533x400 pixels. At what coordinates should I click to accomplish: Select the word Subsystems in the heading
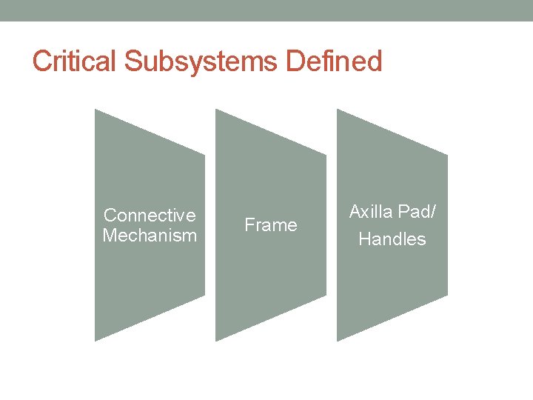[199, 61]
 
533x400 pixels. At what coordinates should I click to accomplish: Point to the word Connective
[150, 216]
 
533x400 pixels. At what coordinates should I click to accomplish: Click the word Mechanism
[150, 236]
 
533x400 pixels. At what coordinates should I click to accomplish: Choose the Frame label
[270, 225]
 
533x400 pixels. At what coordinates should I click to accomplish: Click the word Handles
[392, 239]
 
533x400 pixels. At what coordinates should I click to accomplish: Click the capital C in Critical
[41, 61]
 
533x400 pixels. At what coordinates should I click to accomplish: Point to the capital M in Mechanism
[110, 236]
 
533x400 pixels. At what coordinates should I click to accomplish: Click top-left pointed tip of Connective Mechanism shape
[95, 110]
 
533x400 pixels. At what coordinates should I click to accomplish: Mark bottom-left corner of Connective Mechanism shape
[95, 341]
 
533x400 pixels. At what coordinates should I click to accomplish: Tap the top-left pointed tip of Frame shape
[216, 110]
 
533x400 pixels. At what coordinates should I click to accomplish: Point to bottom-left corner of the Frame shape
[216, 341]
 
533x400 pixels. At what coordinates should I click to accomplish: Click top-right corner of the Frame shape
[326, 154]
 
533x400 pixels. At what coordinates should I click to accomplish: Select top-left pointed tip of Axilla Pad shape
[338, 110]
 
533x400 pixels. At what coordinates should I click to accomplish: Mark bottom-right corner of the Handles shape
[447, 296]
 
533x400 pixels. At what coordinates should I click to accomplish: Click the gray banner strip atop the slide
[266, 10]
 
